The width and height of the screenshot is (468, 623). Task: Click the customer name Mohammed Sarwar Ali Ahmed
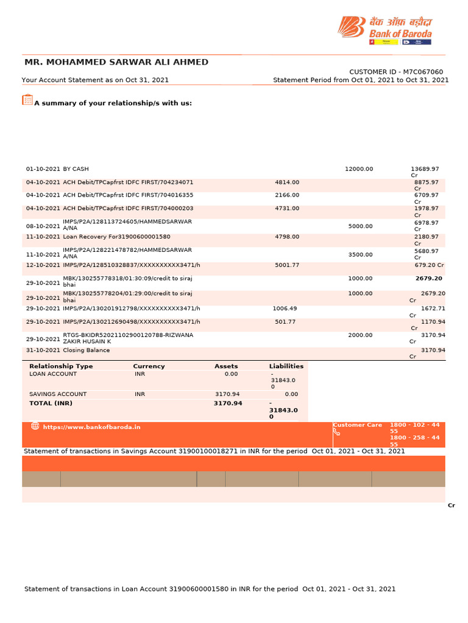[x=116, y=62]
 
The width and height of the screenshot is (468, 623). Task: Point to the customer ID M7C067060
[x=396, y=72]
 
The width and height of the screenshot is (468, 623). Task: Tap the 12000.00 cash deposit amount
[x=359, y=169]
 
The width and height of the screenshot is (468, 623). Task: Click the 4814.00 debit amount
[x=287, y=182]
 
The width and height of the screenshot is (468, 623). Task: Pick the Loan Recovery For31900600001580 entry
[x=116, y=237]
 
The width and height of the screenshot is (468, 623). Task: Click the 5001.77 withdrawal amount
[x=287, y=265]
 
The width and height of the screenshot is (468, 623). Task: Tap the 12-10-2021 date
[x=43, y=265]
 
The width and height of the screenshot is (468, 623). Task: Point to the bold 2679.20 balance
[x=429, y=278]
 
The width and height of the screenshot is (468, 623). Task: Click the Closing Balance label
[x=87, y=350]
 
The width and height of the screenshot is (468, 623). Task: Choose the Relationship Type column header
[x=61, y=366]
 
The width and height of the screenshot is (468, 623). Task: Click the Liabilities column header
[x=286, y=366]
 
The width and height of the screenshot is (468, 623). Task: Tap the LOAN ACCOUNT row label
[x=53, y=374]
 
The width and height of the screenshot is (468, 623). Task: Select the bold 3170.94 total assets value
[x=228, y=403]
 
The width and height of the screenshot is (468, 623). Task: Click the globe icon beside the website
[x=35, y=426]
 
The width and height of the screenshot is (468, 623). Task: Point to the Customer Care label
[x=358, y=425]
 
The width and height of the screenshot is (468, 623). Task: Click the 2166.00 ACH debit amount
[x=287, y=195]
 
